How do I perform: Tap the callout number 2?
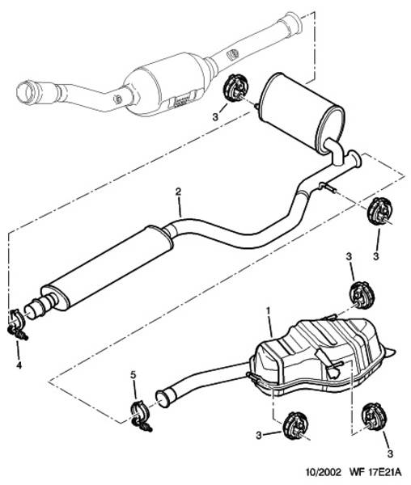pos(178,192)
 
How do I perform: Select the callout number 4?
pos(19,365)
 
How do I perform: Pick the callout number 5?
pos(133,375)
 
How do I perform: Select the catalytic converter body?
pos(167,85)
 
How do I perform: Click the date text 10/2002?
pos(323,472)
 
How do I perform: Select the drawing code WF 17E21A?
pos(375,472)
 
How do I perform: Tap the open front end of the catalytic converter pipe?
pos(27,92)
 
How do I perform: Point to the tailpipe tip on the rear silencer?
pos(391,352)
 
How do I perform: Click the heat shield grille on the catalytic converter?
pos(183,100)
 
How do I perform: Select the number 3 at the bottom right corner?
pos(390,453)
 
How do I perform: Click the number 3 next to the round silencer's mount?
pos(215,116)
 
